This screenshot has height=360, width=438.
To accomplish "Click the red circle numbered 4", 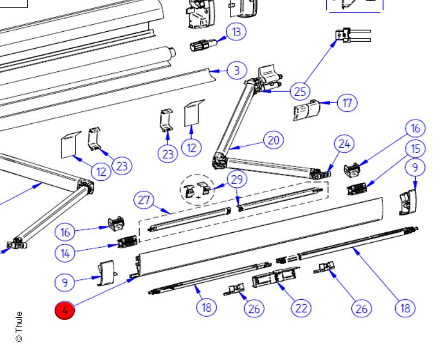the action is tap(65, 310).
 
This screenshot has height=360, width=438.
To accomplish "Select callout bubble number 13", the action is tap(237, 32).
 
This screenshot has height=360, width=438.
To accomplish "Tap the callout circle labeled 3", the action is tap(237, 70).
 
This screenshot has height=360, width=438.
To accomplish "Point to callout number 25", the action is tap(300, 92).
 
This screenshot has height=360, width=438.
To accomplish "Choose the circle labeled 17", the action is tap(347, 103).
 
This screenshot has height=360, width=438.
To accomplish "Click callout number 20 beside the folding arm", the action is tap(273, 140).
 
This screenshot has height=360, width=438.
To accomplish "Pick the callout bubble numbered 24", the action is tap(344, 144).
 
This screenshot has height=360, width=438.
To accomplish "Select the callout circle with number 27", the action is tap(144, 200).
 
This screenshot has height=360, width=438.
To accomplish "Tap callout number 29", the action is tap(237, 179).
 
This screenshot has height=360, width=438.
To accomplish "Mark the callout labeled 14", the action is tap(65, 254).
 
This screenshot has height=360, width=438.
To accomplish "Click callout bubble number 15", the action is tap(416, 148).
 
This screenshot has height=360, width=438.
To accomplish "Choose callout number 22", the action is tap(301, 308).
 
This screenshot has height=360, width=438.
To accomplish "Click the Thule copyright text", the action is tap(19, 327).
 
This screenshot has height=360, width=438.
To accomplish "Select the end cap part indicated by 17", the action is tap(307, 110).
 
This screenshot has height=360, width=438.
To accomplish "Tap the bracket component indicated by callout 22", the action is tap(276, 277).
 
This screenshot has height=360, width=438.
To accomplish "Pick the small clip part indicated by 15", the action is tap(357, 189).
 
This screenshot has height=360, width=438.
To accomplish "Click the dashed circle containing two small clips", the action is tap(198, 190).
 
